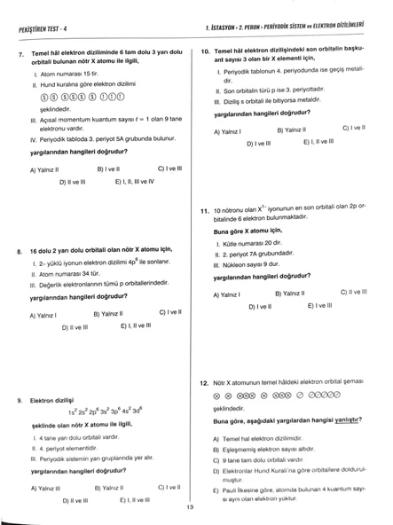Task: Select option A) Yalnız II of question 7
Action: click(44, 168)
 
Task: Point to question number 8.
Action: click(20, 251)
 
